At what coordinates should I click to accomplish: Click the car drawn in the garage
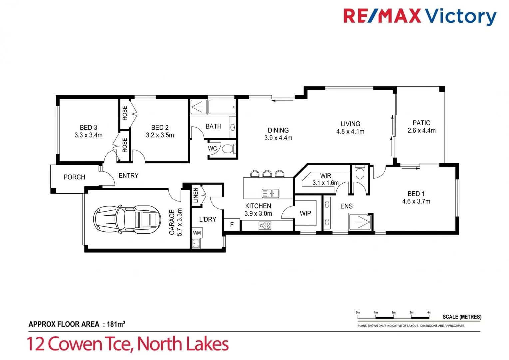coord(127,219)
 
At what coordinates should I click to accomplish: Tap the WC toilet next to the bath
coord(228,149)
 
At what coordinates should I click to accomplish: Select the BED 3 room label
coord(88,128)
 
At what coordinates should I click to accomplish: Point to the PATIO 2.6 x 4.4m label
coord(421,127)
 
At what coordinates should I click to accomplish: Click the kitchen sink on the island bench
coord(270,193)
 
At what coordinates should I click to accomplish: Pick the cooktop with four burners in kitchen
coord(265,226)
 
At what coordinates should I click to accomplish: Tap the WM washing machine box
coord(197,233)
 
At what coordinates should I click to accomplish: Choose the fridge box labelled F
coord(232,225)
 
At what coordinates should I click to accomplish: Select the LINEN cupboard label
coord(196,195)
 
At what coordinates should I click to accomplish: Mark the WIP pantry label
coord(305,213)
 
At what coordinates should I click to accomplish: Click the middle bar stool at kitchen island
coord(267,173)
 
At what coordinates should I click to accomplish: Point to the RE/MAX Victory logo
coord(420,16)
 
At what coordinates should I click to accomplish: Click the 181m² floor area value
coord(116,324)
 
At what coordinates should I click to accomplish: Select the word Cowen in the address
coord(75,344)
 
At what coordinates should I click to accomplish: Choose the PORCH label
coord(74,177)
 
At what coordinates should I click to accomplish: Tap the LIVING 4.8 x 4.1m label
coord(350,127)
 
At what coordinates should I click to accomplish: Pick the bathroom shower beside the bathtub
coord(198,107)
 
